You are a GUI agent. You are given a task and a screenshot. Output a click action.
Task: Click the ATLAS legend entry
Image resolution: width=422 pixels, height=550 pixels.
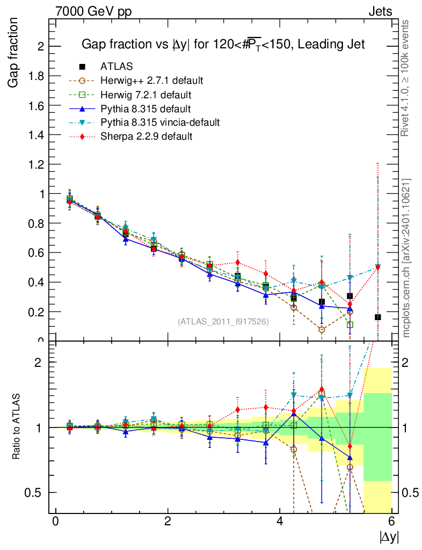pos(117,67)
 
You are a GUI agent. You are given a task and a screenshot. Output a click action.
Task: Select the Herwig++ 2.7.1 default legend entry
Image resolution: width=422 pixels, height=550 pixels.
pos(151,81)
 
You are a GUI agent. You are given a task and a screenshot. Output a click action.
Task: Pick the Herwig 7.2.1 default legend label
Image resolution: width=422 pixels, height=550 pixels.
pos(146,95)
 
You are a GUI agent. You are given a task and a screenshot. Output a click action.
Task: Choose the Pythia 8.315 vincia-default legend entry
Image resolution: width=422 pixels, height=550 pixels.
pos(160,122)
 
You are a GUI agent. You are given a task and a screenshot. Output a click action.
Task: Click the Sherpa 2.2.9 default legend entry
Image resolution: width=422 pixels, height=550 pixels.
pos(146,136)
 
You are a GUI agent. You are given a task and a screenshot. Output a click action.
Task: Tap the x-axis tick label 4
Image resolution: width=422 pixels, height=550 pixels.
pos(280,522)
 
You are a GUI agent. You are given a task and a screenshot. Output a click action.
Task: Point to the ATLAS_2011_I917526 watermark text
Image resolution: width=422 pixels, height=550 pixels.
pos(223,321)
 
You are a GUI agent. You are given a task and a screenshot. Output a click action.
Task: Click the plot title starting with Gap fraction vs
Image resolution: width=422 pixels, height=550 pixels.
pos(223,45)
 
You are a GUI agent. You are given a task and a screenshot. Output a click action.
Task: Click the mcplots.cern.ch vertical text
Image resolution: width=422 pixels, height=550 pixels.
pos(406,258)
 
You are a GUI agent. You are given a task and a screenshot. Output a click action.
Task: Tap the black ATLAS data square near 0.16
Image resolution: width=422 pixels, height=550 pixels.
pos(378,317)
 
